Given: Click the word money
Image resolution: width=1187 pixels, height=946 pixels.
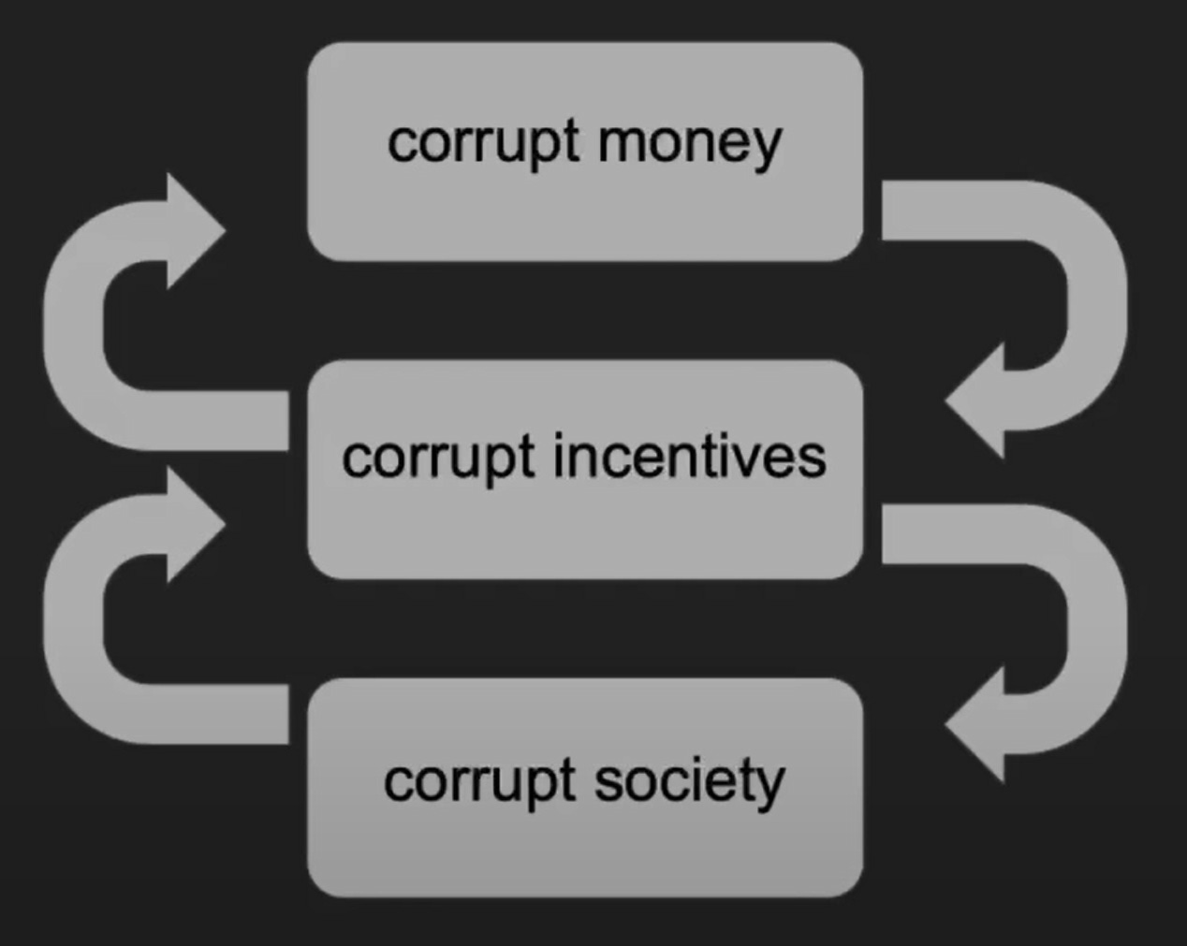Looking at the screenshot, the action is [689, 143].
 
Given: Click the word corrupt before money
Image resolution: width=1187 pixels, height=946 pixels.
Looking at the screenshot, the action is [483, 143].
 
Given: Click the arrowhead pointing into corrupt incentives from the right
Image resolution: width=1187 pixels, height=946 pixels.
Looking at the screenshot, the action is [978, 401].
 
